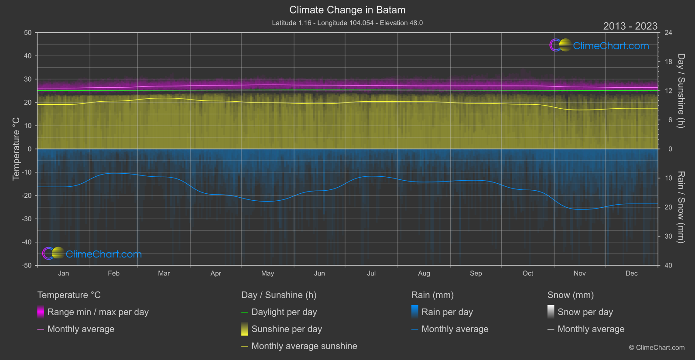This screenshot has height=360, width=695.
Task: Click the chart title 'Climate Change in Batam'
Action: click(x=347, y=10)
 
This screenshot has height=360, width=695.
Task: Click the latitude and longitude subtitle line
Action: click(x=347, y=23)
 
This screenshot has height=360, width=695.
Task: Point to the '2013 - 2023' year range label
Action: click(x=630, y=26)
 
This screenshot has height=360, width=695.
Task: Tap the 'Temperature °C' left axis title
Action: click(x=16, y=149)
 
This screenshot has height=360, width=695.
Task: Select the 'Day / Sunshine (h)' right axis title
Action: click(x=681, y=91)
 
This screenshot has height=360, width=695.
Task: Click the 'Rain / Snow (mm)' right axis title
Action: click(x=681, y=207)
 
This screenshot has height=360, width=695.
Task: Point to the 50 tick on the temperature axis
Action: click(x=28, y=33)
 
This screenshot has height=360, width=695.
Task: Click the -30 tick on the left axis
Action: click(x=27, y=219)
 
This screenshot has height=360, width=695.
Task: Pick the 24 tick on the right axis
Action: click(x=668, y=33)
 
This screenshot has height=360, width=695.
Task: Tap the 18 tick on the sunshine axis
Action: click(x=668, y=62)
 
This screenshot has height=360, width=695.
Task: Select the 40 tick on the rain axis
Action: click(x=668, y=265)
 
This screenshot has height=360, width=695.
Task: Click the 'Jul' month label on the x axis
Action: click(x=371, y=273)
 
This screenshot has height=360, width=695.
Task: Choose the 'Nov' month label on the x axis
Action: click(x=579, y=273)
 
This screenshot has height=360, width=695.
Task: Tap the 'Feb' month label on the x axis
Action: click(x=113, y=273)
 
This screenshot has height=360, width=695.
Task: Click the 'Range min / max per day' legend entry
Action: click(x=98, y=312)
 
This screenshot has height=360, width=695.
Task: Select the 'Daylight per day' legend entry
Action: click(x=284, y=312)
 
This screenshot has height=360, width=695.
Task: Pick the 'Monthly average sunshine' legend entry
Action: click(x=304, y=346)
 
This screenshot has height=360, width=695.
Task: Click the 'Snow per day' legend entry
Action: click(x=585, y=312)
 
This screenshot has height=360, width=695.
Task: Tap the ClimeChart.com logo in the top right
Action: click(x=599, y=45)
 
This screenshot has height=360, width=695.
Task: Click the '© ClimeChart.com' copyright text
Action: click(x=657, y=347)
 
